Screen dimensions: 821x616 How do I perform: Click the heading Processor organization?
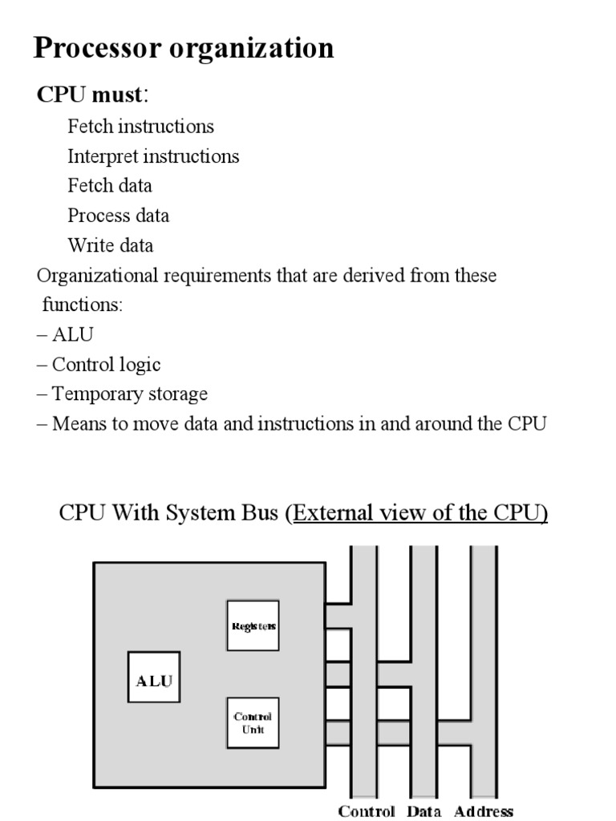coord(184,49)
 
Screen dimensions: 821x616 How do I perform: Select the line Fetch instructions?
coord(140,127)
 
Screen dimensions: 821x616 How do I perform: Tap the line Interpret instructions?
coord(153,156)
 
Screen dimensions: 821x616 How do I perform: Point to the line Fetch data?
coord(110,186)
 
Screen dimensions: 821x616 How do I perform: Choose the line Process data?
coord(119,216)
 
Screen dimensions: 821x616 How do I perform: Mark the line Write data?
coord(111,245)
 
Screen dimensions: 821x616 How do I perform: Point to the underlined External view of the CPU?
coord(419,513)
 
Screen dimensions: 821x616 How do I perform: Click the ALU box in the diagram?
coord(154,681)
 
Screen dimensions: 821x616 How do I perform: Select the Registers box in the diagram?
coord(253,625)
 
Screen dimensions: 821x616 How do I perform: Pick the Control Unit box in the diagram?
coord(253,723)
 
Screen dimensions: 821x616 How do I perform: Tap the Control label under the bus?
coord(367,811)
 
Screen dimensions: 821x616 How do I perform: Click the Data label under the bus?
coord(423,811)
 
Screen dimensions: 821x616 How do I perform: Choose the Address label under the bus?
coord(484,811)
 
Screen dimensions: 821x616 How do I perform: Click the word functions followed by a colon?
coord(83,305)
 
